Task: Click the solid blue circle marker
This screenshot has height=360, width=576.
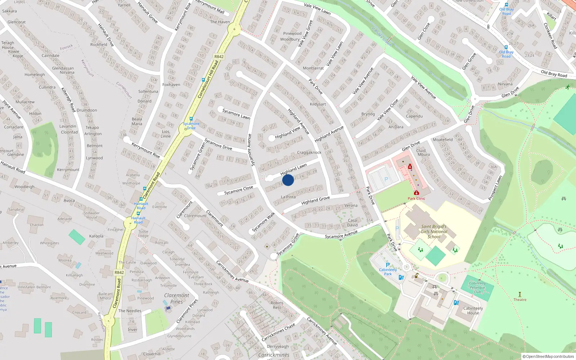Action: tap(288, 180)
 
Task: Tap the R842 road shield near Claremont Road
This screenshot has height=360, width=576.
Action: tap(119, 273)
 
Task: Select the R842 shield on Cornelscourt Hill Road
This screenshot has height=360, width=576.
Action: tap(219, 57)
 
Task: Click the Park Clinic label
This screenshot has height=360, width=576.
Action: tap(417, 198)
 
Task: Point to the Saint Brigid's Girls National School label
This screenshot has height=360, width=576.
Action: tap(434, 232)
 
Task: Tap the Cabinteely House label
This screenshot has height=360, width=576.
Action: tap(473, 311)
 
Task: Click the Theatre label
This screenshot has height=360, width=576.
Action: tap(520, 300)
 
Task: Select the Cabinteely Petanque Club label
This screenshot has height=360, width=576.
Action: tap(477, 287)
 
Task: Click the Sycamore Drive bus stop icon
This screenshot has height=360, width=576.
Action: tap(191, 119)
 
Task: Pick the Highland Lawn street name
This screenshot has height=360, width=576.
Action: tap(294, 169)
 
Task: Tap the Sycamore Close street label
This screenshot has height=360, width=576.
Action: tap(239, 190)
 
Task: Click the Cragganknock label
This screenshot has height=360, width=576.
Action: tap(309, 153)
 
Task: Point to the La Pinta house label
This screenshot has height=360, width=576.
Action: tap(288, 197)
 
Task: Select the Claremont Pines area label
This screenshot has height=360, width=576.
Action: tap(176, 298)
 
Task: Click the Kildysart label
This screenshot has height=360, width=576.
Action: tap(318, 104)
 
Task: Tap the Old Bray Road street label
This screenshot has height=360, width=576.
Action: tap(554, 74)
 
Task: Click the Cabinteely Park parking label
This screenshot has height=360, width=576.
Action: tap(388, 271)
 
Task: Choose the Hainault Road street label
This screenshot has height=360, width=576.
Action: tap(13, 167)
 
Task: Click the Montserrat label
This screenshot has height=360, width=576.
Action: tap(313, 68)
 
